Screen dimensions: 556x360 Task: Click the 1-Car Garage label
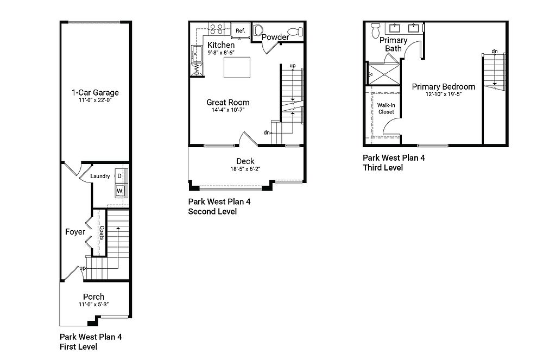pyautogui.click(x=95, y=92)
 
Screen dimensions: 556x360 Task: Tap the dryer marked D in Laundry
pyautogui.click(x=119, y=176)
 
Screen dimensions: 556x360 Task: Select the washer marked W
pyautogui.click(x=120, y=191)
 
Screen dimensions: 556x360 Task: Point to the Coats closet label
pyautogui.click(x=102, y=233)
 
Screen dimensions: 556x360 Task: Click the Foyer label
pyautogui.click(x=75, y=232)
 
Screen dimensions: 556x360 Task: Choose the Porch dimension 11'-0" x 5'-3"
pyautogui.click(x=93, y=304)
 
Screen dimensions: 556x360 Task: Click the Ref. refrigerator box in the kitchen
pyautogui.click(x=241, y=30)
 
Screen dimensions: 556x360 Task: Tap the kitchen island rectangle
pyautogui.click(x=237, y=67)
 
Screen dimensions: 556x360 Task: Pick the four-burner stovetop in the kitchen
pyautogui.click(x=216, y=29)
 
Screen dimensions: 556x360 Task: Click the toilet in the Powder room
pyautogui.click(x=295, y=32)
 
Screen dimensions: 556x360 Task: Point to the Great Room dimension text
pyautogui.click(x=228, y=110)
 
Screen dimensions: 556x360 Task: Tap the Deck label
pyautogui.click(x=245, y=161)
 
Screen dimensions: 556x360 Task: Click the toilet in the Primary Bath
pyautogui.click(x=376, y=30)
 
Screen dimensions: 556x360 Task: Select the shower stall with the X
pyautogui.click(x=384, y=74)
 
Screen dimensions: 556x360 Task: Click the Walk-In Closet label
pyautogui.click(x=386, y=109)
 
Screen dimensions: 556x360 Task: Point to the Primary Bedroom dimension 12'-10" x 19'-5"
pyautogui.click(x=444, y=94)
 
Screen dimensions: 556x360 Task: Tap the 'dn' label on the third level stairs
pyautogui.click(x=495, y=52)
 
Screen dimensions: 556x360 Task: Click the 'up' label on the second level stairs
pyautogui.click(x=293, y=66)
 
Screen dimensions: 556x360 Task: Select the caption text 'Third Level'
pyautogui.click(x=383, y=167)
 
